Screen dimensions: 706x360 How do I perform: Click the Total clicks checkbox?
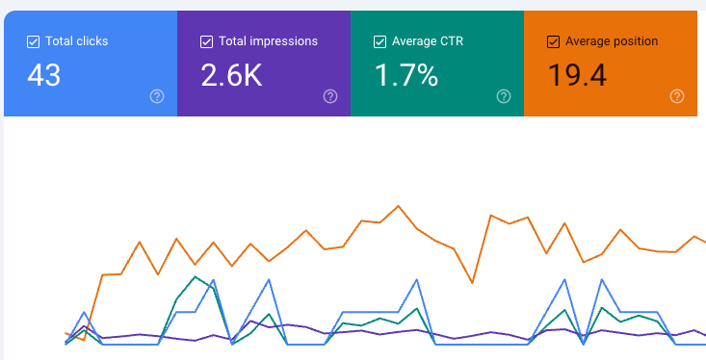33,41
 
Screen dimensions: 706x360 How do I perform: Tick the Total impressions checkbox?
206,41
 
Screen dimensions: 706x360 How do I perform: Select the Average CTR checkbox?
379,41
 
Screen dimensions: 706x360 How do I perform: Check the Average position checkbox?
553,41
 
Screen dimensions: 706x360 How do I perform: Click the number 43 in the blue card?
43,75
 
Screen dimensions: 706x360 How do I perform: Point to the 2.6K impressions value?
231,75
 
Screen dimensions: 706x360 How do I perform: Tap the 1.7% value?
406,75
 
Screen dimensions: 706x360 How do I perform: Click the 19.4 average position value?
577,75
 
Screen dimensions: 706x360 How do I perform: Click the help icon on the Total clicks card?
157,96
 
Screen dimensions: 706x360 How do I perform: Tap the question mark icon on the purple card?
330,96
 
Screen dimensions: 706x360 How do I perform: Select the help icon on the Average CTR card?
504,96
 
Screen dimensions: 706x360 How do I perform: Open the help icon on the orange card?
677,96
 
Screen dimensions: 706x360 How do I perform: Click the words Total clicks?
76,41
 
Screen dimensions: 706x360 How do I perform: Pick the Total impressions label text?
269,41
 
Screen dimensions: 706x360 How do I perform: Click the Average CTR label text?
428,41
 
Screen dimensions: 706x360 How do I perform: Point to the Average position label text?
612,41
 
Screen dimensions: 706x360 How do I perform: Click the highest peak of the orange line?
398,206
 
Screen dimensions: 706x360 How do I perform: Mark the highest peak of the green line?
195,277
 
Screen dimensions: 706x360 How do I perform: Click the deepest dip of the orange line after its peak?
472,283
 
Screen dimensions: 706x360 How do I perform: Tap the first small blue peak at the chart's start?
84,312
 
